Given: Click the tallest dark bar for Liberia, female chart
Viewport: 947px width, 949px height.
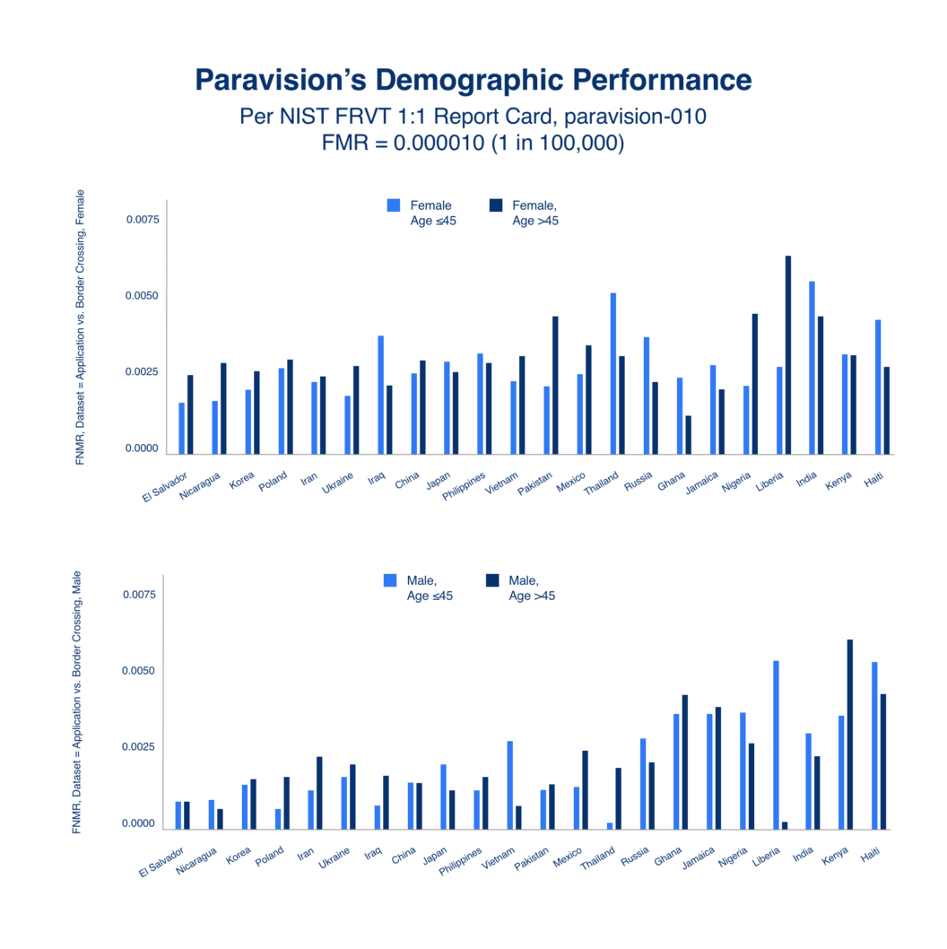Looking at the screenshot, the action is coord(788,354).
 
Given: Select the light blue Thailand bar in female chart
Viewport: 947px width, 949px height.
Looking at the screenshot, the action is coord(613,373).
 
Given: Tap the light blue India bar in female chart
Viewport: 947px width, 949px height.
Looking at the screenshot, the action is coord(812,368).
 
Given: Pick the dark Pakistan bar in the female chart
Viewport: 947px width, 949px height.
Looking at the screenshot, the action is coord(555,385).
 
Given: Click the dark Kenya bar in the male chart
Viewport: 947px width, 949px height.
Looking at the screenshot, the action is coord(849,734).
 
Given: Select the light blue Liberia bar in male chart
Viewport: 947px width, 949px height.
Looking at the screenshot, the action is coord(776,745).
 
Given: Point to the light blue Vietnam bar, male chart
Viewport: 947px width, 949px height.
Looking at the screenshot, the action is coord(510,785).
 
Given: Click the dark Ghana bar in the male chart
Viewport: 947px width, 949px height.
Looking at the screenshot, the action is coord(685,762).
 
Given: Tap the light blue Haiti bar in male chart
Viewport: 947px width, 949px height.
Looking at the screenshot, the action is coord(874,745).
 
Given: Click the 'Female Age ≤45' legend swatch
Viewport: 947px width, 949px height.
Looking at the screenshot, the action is coord(394,205).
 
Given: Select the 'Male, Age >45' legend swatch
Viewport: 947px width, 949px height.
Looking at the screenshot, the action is coord(492,580).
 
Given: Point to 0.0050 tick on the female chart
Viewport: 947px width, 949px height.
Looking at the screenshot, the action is coord(142,295).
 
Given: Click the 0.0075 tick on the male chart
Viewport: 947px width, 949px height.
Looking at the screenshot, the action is coord(139,595).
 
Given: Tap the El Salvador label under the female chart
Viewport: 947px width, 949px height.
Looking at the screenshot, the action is coord(165,486).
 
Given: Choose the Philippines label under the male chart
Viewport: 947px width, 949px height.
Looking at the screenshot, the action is coord(460,860).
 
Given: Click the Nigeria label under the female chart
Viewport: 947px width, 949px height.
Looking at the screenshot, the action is coord(736,482).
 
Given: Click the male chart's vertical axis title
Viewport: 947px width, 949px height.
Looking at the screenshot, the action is coord(76,702).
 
